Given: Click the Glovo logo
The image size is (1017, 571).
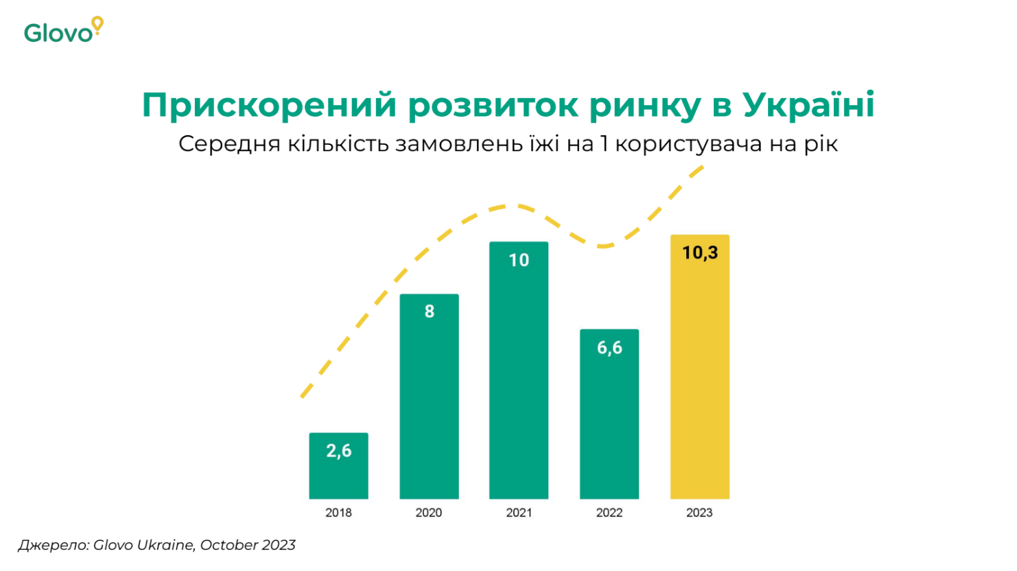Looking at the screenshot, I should point(62,30).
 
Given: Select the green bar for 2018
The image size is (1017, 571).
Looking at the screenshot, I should point(338,474).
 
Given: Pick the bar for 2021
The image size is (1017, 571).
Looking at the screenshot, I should point(519,377).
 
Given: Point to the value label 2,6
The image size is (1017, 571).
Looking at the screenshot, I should point(338,451).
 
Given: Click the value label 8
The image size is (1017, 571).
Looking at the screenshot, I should point(429,312).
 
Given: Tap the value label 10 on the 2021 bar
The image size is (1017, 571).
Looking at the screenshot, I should point(519,260).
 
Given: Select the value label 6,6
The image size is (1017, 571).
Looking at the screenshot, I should point(609,348).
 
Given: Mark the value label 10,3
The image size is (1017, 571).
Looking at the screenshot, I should point(700,253).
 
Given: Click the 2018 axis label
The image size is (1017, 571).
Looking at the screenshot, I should point(338,513).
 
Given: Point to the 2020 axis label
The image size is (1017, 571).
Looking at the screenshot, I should point(429,513).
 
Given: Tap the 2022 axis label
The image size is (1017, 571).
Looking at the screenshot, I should point(609,513).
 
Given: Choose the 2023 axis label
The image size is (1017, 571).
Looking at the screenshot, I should point(699,513).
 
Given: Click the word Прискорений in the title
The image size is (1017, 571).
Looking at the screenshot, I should point(269,105).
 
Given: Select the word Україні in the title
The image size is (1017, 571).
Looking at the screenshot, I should point(808,105).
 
